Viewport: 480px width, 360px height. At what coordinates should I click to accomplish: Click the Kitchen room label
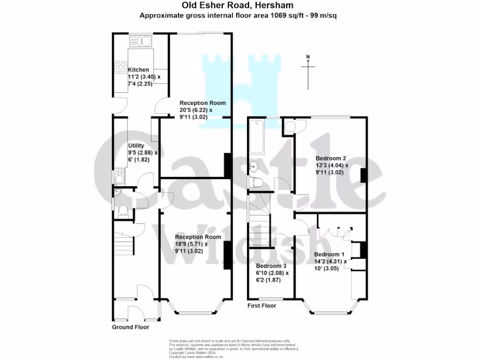138,70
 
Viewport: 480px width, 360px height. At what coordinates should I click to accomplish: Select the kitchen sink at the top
141,42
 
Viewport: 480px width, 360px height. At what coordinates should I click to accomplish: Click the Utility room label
137,146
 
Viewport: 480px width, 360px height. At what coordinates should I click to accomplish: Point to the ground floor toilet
123,211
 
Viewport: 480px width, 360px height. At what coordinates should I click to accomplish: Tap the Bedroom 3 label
270,266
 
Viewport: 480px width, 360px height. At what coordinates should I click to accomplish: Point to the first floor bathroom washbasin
254,166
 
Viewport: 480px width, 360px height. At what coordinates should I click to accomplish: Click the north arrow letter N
308,57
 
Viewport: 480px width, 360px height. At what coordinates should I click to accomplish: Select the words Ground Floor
130,327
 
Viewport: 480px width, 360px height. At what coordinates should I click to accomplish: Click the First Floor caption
262,306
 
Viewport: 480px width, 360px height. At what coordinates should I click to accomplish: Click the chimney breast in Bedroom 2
363,175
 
